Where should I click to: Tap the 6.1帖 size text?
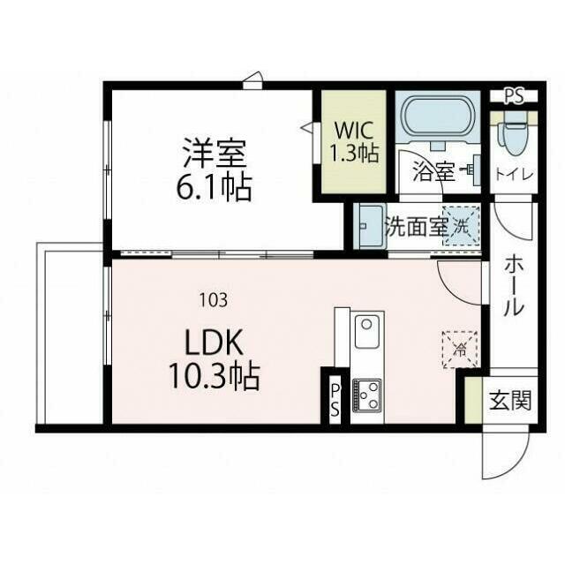point(214,188)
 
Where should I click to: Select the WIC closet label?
point(353,131)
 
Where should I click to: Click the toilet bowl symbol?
point(513,134)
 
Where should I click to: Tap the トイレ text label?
point(515,175)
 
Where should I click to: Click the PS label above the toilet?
point(514,96)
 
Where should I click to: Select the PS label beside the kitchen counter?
point(335,399)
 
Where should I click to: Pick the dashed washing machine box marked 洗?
point(461,226)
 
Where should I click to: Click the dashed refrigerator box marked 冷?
point(460,350)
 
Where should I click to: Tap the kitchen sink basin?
point(367,332)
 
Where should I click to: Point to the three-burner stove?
point(367,395)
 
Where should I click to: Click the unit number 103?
point(214,300)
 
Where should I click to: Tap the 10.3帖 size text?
point(214,376)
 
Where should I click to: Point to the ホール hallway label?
point(514,287)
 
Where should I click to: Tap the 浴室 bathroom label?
point(433,172)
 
